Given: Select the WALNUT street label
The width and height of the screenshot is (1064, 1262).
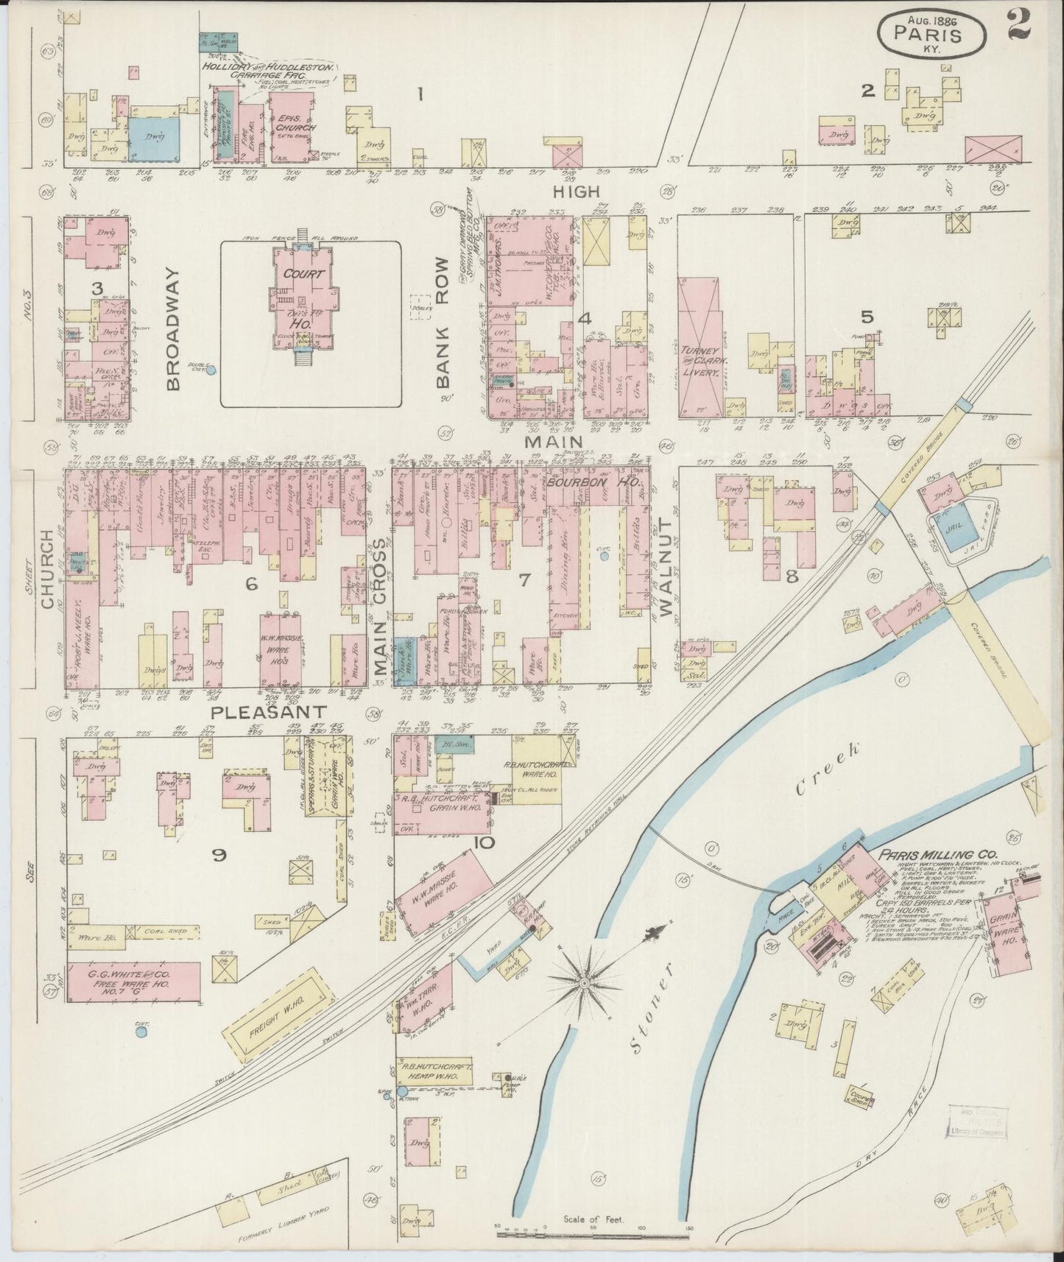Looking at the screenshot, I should pyautogui.click(x=666, y=565).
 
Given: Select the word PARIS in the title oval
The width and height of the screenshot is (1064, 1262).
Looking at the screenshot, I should pyautogui.click(x=928, y=33).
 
